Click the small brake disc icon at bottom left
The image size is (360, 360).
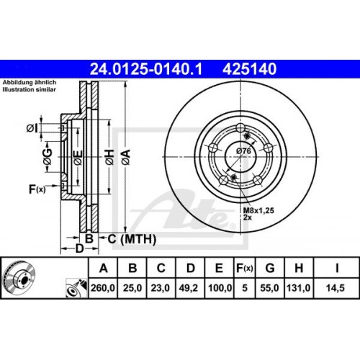pyautogui.click(x=19, y=277)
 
